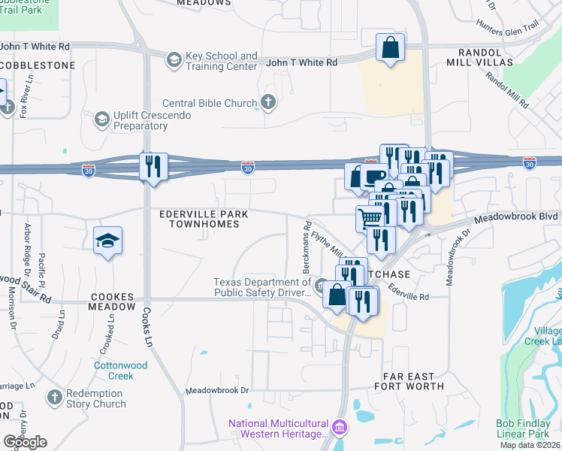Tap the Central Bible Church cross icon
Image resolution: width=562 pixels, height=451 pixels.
(268, 103)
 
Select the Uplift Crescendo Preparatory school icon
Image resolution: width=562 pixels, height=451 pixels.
(101, 120)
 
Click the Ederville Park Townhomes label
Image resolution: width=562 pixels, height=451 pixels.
(204, 219)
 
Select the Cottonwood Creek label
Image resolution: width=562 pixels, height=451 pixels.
(121, 370)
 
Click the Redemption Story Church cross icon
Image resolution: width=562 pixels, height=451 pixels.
(54, 397)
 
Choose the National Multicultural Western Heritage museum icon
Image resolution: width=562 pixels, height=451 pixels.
(340, 427)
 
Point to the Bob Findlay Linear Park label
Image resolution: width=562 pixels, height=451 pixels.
(527, 428)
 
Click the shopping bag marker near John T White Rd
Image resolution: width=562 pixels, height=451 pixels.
(391, 47)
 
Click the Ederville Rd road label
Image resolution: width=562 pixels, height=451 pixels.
(409, 293)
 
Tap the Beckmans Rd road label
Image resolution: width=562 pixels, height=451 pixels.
(307, 247)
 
